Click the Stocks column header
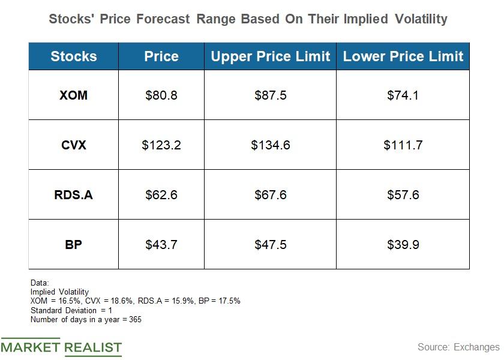[x=73, y=56]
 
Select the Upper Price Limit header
[x=270, y=56]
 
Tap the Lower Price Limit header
[x=403, y=56]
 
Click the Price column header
[x=161, y=56]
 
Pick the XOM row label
[x=73, y=95]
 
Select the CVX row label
[x=73, y=145]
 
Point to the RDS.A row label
[x=73, y=195]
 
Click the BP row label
[x=73, y=245]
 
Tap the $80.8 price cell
[x=161, y=95]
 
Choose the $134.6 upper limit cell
[x=270, y=145]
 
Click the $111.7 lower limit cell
[x=403, y=145]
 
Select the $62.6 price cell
[x=161, y=195]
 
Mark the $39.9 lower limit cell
[x=403, y=245]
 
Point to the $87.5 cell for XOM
[x=270, y=95]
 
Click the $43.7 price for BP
[x=161, y=245]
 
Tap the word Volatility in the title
[x=421, y=19]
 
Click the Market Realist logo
[x=61, y=347]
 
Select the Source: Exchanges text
[x=458, y=347]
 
